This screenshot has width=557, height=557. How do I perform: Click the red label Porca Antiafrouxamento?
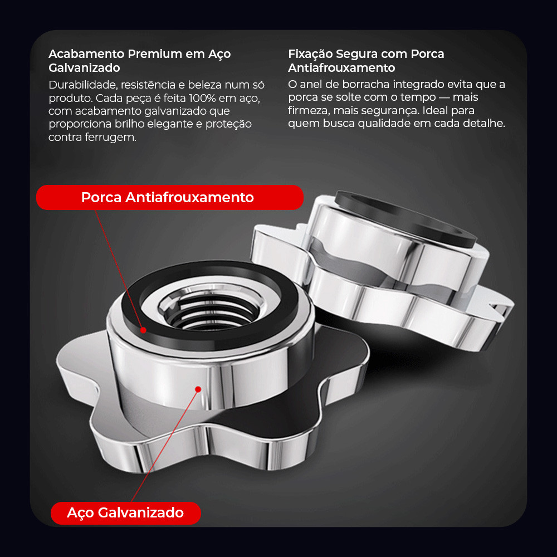tap(170, 197)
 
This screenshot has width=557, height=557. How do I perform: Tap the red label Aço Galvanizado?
tap(126, 512)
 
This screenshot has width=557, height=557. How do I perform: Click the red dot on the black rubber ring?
tap(143, 330)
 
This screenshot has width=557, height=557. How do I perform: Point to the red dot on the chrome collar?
tap(198, 389)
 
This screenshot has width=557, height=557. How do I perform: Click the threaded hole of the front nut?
tap(211, 309)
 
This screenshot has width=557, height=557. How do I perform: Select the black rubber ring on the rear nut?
tap(405, 218)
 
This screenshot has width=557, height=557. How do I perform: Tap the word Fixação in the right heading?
tap(310, 54)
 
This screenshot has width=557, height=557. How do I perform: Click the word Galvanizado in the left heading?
tap(84, 67)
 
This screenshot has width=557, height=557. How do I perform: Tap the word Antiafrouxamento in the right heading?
tap(341, 67)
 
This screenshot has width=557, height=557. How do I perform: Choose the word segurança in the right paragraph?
tap(388, 110)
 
